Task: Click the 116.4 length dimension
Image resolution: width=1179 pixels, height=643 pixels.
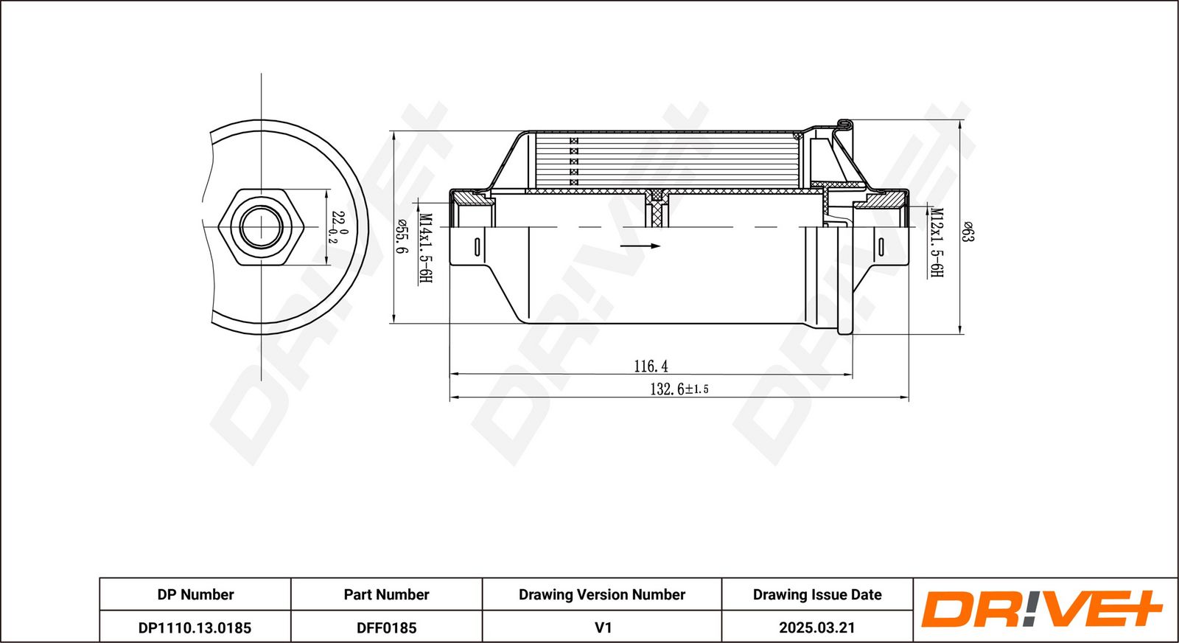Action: (x=651, y=366)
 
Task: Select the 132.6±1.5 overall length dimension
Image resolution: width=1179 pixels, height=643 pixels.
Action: (x=679, y=389)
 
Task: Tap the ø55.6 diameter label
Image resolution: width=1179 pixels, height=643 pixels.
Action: (x=402, y=237)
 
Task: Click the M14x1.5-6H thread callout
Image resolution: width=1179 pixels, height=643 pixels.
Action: (x=425, y=248)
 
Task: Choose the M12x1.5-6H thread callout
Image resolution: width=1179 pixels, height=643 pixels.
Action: (x=937, y=242)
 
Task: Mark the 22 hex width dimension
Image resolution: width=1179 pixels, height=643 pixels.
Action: (x=337, y=227)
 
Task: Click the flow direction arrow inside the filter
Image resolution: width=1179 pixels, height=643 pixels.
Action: (x=640, y=246)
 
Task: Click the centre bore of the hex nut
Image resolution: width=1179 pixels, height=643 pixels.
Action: (x=262, y=226)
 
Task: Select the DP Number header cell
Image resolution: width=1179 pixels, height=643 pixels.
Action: (x=195, y=594)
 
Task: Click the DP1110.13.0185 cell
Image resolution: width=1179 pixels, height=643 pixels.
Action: (x=195, y=628)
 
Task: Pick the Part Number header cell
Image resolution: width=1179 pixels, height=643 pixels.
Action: (x=386, y=594)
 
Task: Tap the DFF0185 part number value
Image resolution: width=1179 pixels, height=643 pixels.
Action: (x=386, y=628)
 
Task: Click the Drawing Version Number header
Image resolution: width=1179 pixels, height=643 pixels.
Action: (x=601, y=594)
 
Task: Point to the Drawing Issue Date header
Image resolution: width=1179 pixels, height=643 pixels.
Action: (x=816, y=594)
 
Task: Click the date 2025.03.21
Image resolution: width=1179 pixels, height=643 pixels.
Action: (x=816, y=628)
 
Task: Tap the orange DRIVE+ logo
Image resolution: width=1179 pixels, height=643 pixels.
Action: (x=1041, y=610)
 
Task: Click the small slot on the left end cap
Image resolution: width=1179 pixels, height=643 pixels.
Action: (x=477, y=247)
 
